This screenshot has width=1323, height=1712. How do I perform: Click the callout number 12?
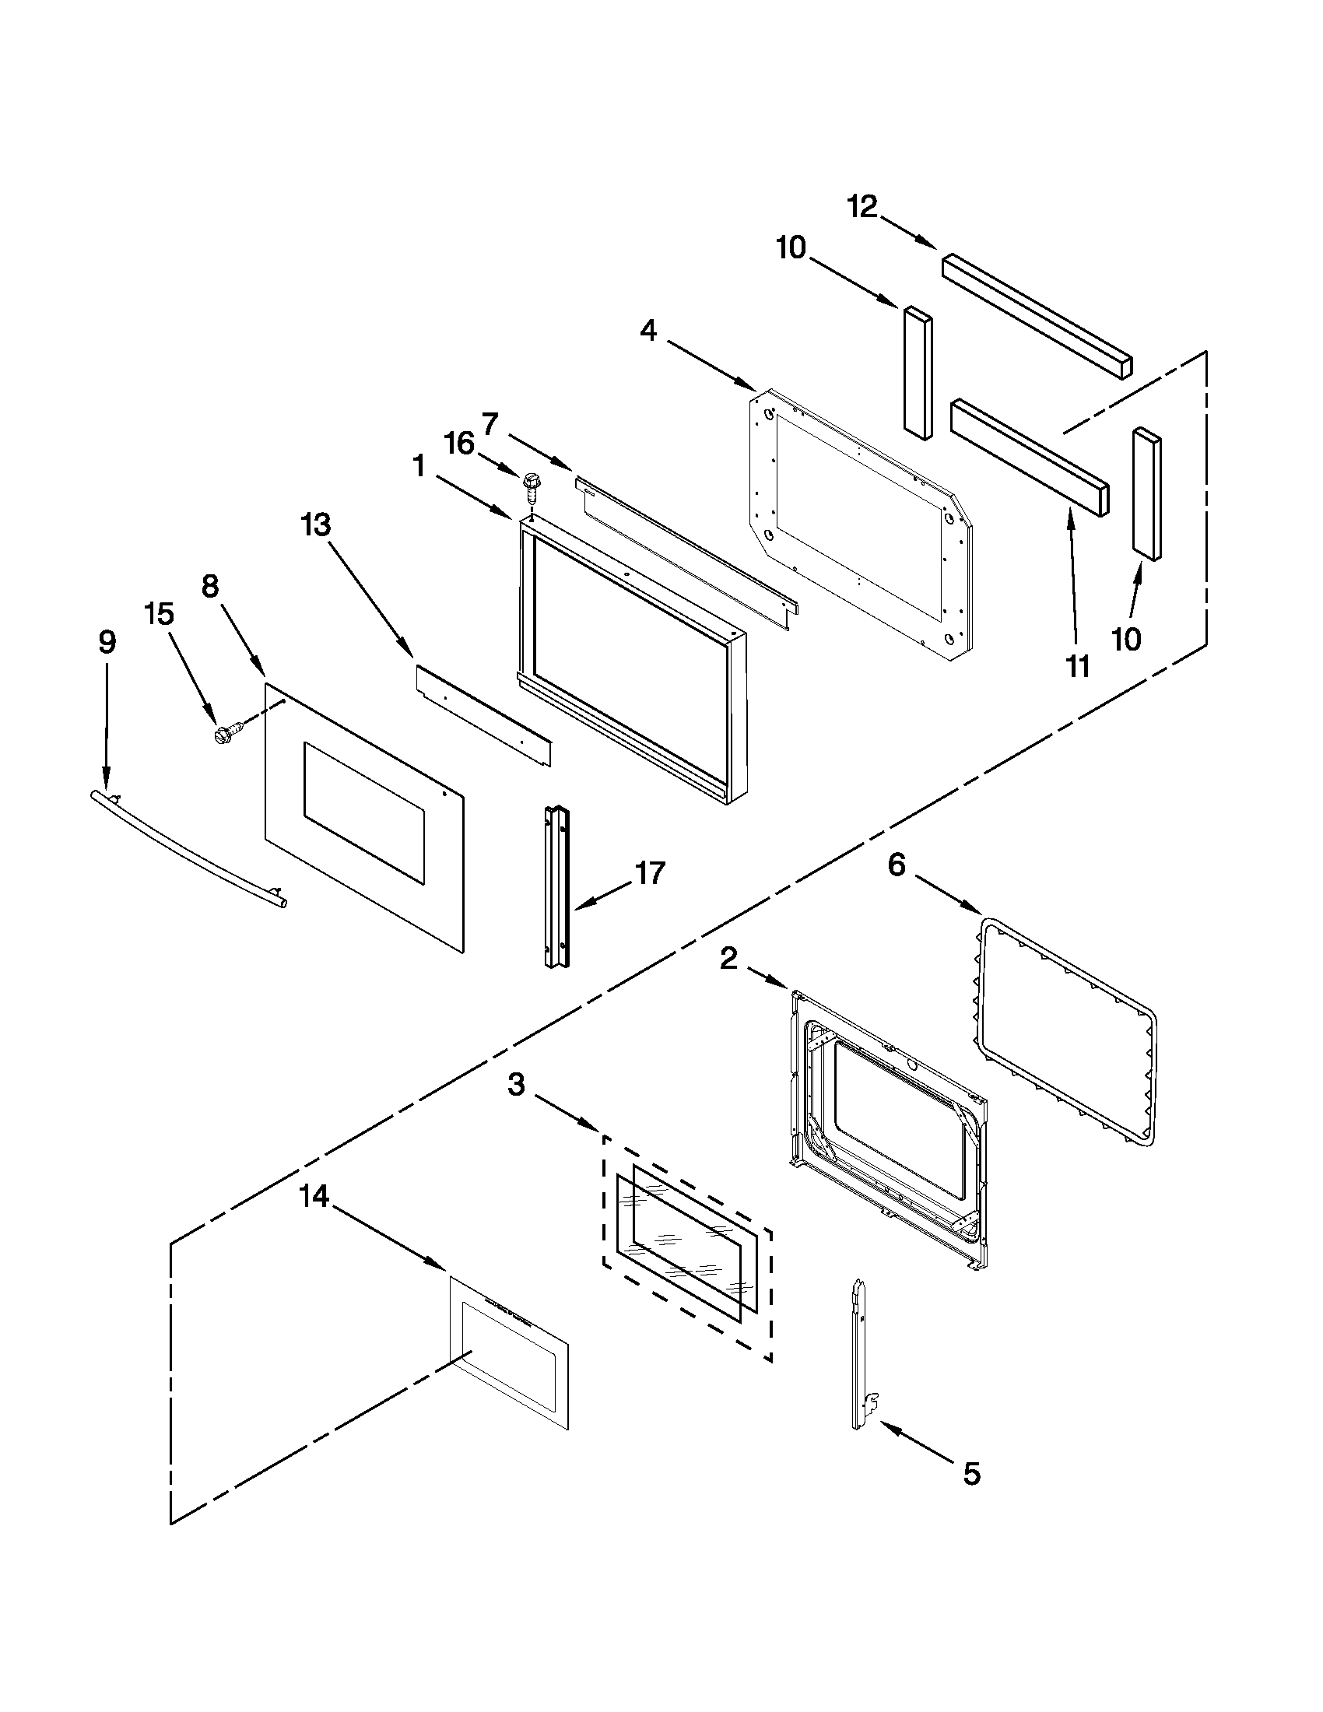pyautogui.click(x=862, y=208)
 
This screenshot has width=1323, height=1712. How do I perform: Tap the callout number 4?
pyautogui.click(x=648, y=331)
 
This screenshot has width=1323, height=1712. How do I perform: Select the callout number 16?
pyautogui.click(x=459, y=444)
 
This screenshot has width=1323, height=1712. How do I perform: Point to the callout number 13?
pyautogui.click(x=316, y=524)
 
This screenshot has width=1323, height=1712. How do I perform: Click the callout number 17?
pyautogui.click(x=651, y=872)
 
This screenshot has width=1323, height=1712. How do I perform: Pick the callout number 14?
pyautogui.click(x=314, y=1197)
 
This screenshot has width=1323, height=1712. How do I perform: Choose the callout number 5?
pyautogui.click(x=971, y=1474)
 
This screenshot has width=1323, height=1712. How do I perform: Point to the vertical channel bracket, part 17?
pyautogui.click(x=558, y=886)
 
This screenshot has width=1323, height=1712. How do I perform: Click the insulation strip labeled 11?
pyautogui.click(x=1029, y=457)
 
